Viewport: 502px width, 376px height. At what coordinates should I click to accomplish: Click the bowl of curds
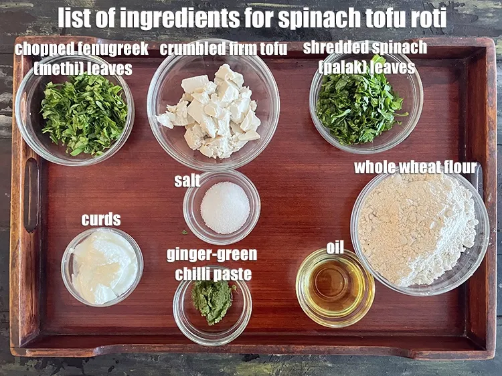tap(102, 266)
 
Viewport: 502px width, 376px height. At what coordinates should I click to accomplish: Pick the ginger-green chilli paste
tap(212, 301)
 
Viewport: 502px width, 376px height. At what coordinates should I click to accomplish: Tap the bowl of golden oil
tap(334, 288)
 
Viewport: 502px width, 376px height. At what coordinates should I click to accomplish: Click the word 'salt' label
tap(187, 181)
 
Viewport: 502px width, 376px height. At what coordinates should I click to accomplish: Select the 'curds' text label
tap(101, 219)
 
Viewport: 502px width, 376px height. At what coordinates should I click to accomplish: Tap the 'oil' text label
tap(335, 248)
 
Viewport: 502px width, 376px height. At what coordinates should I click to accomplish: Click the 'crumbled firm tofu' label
tap(224, 49)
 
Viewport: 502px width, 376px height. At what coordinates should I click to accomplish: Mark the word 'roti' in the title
tap(425, 19)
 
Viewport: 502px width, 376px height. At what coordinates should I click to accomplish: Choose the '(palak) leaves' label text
tap(367, 67)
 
